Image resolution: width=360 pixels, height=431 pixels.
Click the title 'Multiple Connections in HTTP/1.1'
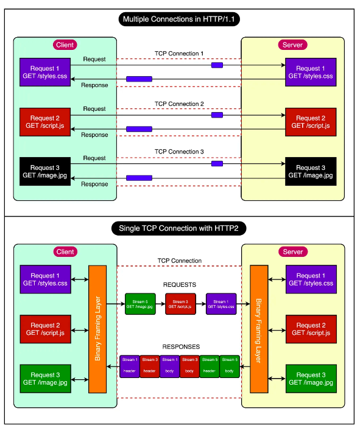tap(180, 19)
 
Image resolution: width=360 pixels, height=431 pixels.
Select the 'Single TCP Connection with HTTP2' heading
tap(180, 230)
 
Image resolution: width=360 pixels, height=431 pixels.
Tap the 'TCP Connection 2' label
tap(179, 103)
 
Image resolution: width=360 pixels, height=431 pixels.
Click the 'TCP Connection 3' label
tap(179, 152)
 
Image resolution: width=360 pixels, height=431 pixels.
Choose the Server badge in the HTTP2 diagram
tap(293, 252)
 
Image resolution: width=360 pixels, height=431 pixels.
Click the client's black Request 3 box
tap(45, 171)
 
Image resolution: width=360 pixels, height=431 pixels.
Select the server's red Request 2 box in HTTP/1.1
tap(311, 122)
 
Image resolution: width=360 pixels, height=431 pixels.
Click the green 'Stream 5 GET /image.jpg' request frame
tap(141, 304)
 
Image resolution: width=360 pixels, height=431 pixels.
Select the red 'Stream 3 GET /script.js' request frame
tap(180, 304)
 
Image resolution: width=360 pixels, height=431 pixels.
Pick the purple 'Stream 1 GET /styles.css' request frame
tap(221, 304)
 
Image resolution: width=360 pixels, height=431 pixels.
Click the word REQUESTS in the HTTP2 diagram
tap(179, 284)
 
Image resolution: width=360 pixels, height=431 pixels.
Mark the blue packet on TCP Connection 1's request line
tap(217, 65)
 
